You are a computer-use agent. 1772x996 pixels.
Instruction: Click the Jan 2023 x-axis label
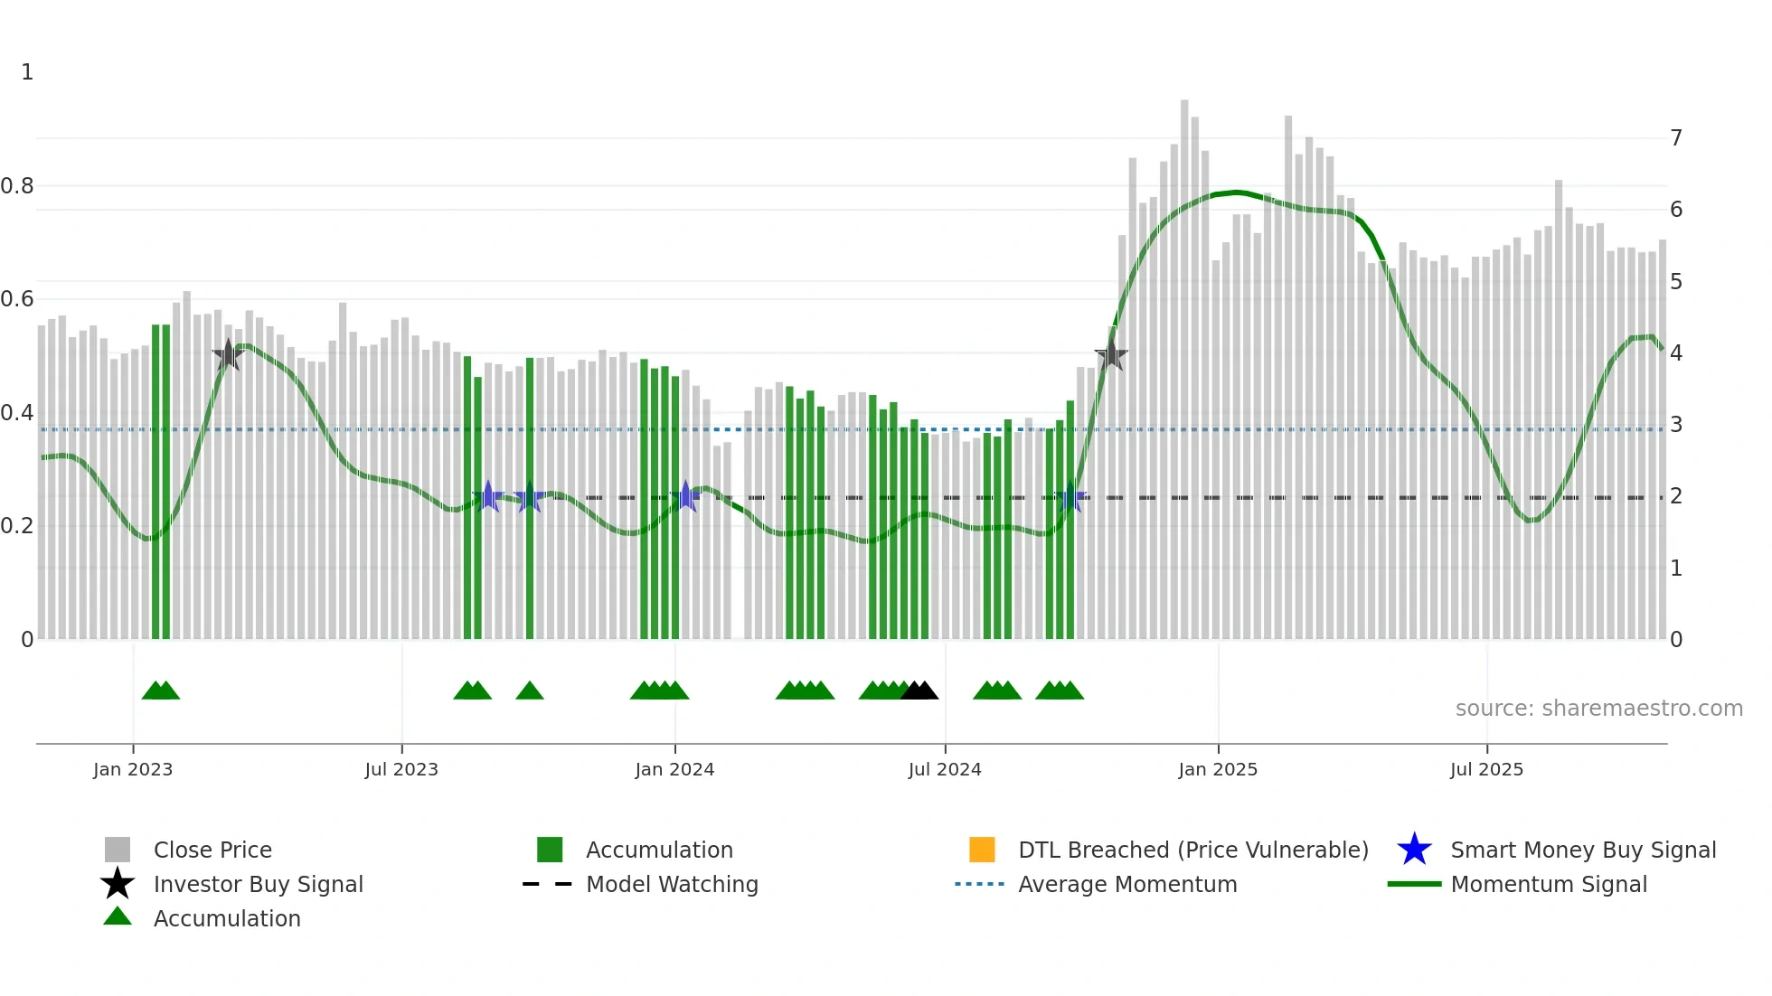(132, 769)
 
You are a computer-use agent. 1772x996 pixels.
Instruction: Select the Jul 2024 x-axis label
(944, 769)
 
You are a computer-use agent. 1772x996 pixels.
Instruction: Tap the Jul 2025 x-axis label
(1485, 769)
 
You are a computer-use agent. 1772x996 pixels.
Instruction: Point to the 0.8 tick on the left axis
(17, 186)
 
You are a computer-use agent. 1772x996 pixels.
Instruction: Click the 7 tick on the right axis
(1676, 138)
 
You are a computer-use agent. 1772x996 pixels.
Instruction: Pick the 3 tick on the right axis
(1676, 425)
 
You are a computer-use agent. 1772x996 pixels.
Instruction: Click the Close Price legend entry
(212, 850)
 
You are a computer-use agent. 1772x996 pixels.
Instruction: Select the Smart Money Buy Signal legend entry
(1582, 850)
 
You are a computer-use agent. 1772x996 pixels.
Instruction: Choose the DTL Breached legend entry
(1192, 850)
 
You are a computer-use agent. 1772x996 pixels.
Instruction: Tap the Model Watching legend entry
(671, 884)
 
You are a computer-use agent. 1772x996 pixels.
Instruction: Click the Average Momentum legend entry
(1126, 884)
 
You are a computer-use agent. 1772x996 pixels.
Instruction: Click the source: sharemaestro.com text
(1598, 709)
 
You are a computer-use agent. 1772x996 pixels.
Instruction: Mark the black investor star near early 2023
(229, 355)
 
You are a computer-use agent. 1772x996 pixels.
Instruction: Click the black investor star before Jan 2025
(1111, 355)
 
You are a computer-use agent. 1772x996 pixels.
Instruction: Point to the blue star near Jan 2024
(685, 496)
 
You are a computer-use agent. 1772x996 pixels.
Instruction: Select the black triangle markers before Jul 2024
(919, 691)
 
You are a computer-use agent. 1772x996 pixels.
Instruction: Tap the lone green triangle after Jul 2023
(530, 691)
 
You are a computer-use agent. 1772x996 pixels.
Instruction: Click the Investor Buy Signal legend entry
(258, 884)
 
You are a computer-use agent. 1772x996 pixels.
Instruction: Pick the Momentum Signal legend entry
(1548, 884)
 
